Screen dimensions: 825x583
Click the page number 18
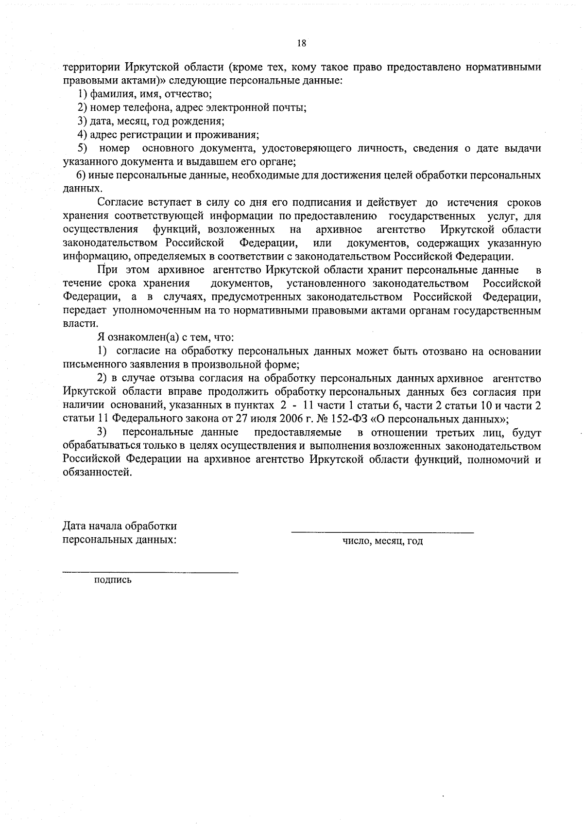tap(301, 43)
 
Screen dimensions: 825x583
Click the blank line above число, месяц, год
tap(382, 532)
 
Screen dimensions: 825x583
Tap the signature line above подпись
tap(151, 572)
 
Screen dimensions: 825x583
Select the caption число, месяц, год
tap(382, 541)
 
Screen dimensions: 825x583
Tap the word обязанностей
tap(97, 473)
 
